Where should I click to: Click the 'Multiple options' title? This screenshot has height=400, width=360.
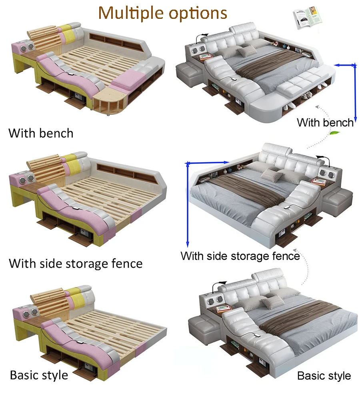pos(163,13)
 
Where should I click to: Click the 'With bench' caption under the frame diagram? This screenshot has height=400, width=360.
pos(41,133)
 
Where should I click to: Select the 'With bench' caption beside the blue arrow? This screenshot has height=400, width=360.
pos(325,123)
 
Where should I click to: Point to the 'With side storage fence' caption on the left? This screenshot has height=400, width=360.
pos(76,263)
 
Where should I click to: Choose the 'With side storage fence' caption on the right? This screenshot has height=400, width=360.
pos(240,256)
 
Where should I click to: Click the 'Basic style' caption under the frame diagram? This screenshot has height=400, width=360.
pos(39,375)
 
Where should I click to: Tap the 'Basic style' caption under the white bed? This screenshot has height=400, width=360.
pos(324,376)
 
